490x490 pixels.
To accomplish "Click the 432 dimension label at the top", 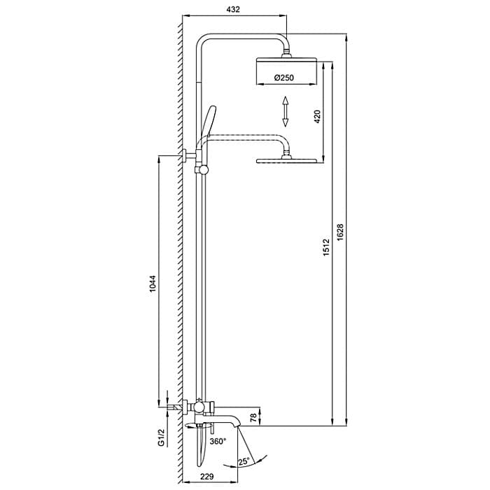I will coord(234,9).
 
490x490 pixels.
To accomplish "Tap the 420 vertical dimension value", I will coord(317,116).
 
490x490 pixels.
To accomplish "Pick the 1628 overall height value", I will coord(341,233).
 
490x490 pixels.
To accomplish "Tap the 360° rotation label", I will coord(218,442).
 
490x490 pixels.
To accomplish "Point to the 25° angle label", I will coord(243,461).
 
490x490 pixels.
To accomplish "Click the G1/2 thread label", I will coord(161,438).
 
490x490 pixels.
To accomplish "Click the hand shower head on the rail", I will coord(209,119).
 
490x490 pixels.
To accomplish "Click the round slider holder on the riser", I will coord(203,169).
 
